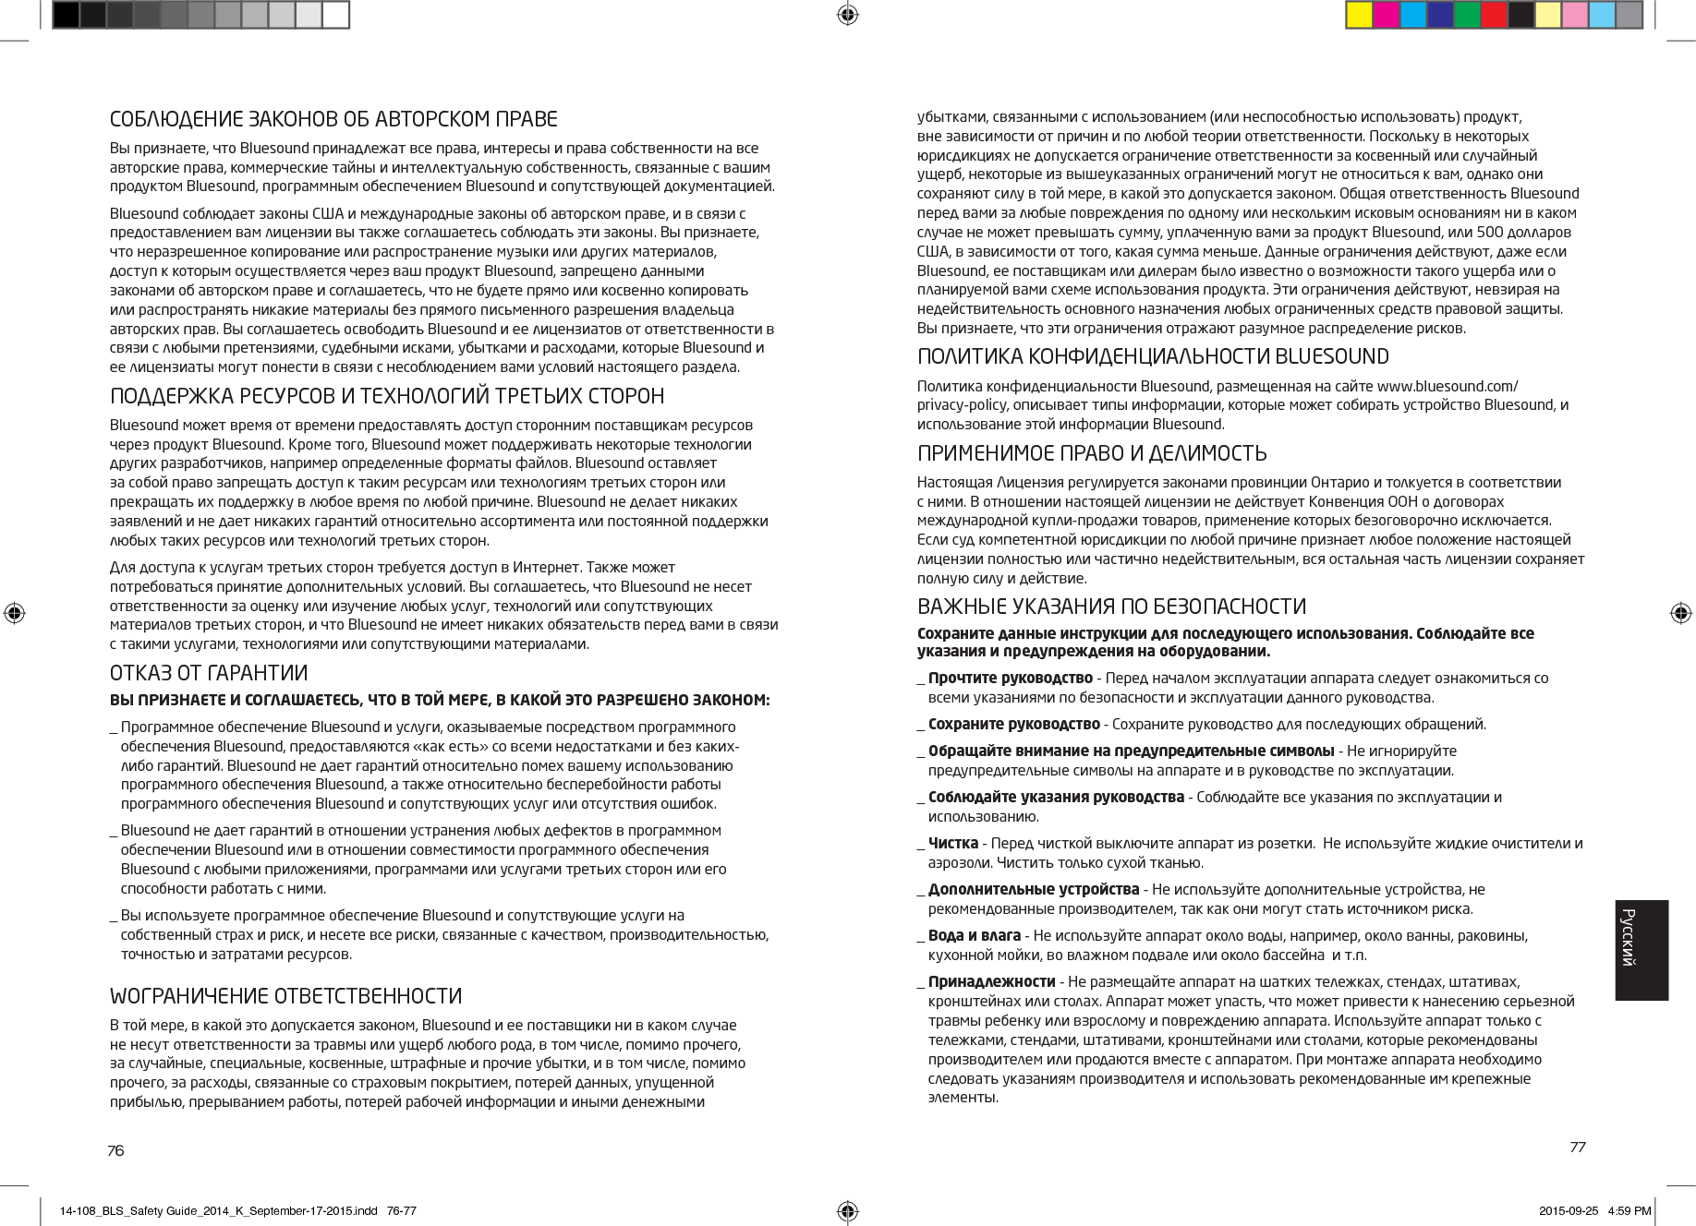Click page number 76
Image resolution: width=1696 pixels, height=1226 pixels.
[115, 1150]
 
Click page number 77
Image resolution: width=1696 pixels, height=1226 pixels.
[1577, 1147]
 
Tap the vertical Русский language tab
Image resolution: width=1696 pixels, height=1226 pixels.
[1641, 950]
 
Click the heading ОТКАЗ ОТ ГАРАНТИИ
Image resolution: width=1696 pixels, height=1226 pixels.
[209, 672]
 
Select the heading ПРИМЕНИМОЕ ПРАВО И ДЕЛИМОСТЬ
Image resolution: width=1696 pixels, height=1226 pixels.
[1092, 453]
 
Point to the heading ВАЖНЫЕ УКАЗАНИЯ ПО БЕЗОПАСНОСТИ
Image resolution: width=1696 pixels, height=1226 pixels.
[1111, 607]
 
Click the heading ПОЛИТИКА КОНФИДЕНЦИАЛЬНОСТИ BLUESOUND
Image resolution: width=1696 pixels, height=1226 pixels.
[1153, 356]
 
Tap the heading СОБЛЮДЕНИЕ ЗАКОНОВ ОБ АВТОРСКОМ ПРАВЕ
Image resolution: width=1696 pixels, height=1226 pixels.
[333, 120]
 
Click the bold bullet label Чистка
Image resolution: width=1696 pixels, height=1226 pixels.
[953, 843]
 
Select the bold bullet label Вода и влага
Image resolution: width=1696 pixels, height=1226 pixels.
[975, 935]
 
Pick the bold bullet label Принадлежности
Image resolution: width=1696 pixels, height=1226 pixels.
[991, 980]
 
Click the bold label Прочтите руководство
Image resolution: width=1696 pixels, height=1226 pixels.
[1011, 679]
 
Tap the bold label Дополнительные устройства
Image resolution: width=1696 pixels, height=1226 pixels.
[1033, 889]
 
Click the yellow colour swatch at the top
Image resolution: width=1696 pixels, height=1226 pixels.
[1358, 15]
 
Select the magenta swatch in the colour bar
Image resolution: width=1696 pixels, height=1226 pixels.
[1386, 15]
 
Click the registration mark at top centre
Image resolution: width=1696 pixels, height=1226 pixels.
[848, 14]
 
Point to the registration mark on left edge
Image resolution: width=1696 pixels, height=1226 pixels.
[14, 613]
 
